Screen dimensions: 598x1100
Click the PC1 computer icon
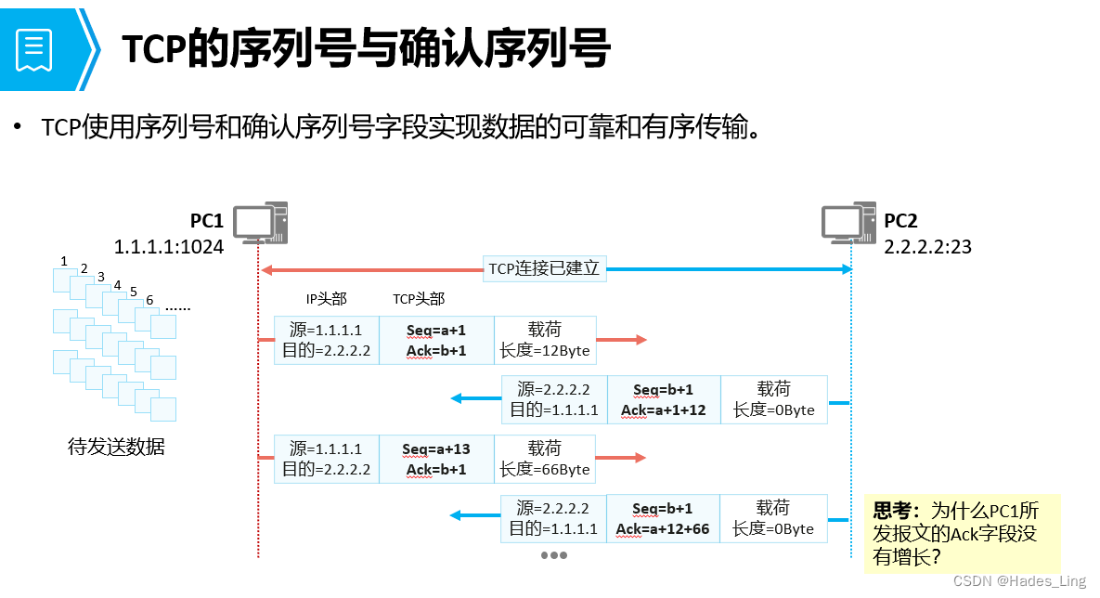coord(259,223)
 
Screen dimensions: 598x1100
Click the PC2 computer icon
coord(849,223)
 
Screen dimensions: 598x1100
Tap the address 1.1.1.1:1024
coord(169,247)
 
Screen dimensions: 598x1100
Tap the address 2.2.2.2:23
coord(927,247)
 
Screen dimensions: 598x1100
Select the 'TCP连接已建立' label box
coord(545,269)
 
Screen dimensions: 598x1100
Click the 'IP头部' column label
coord(327,299)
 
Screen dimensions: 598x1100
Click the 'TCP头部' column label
coord(419,299)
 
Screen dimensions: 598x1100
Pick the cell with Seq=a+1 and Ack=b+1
coord(436,340)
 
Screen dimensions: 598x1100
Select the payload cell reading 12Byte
coord(545,340)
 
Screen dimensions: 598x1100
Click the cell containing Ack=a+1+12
coord(664,399)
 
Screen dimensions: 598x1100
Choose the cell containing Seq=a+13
coord(436,459)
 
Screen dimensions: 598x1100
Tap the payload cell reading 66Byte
coord(545,459)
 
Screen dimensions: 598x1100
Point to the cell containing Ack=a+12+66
coord(662,518)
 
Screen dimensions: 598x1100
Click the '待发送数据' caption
coord(117,447)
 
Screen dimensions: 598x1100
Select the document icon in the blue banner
coord(34,49)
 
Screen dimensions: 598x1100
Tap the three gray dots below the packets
coord(553,555)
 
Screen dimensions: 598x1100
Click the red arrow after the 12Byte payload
coord(621,340)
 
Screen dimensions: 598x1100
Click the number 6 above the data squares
coord(149,301)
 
